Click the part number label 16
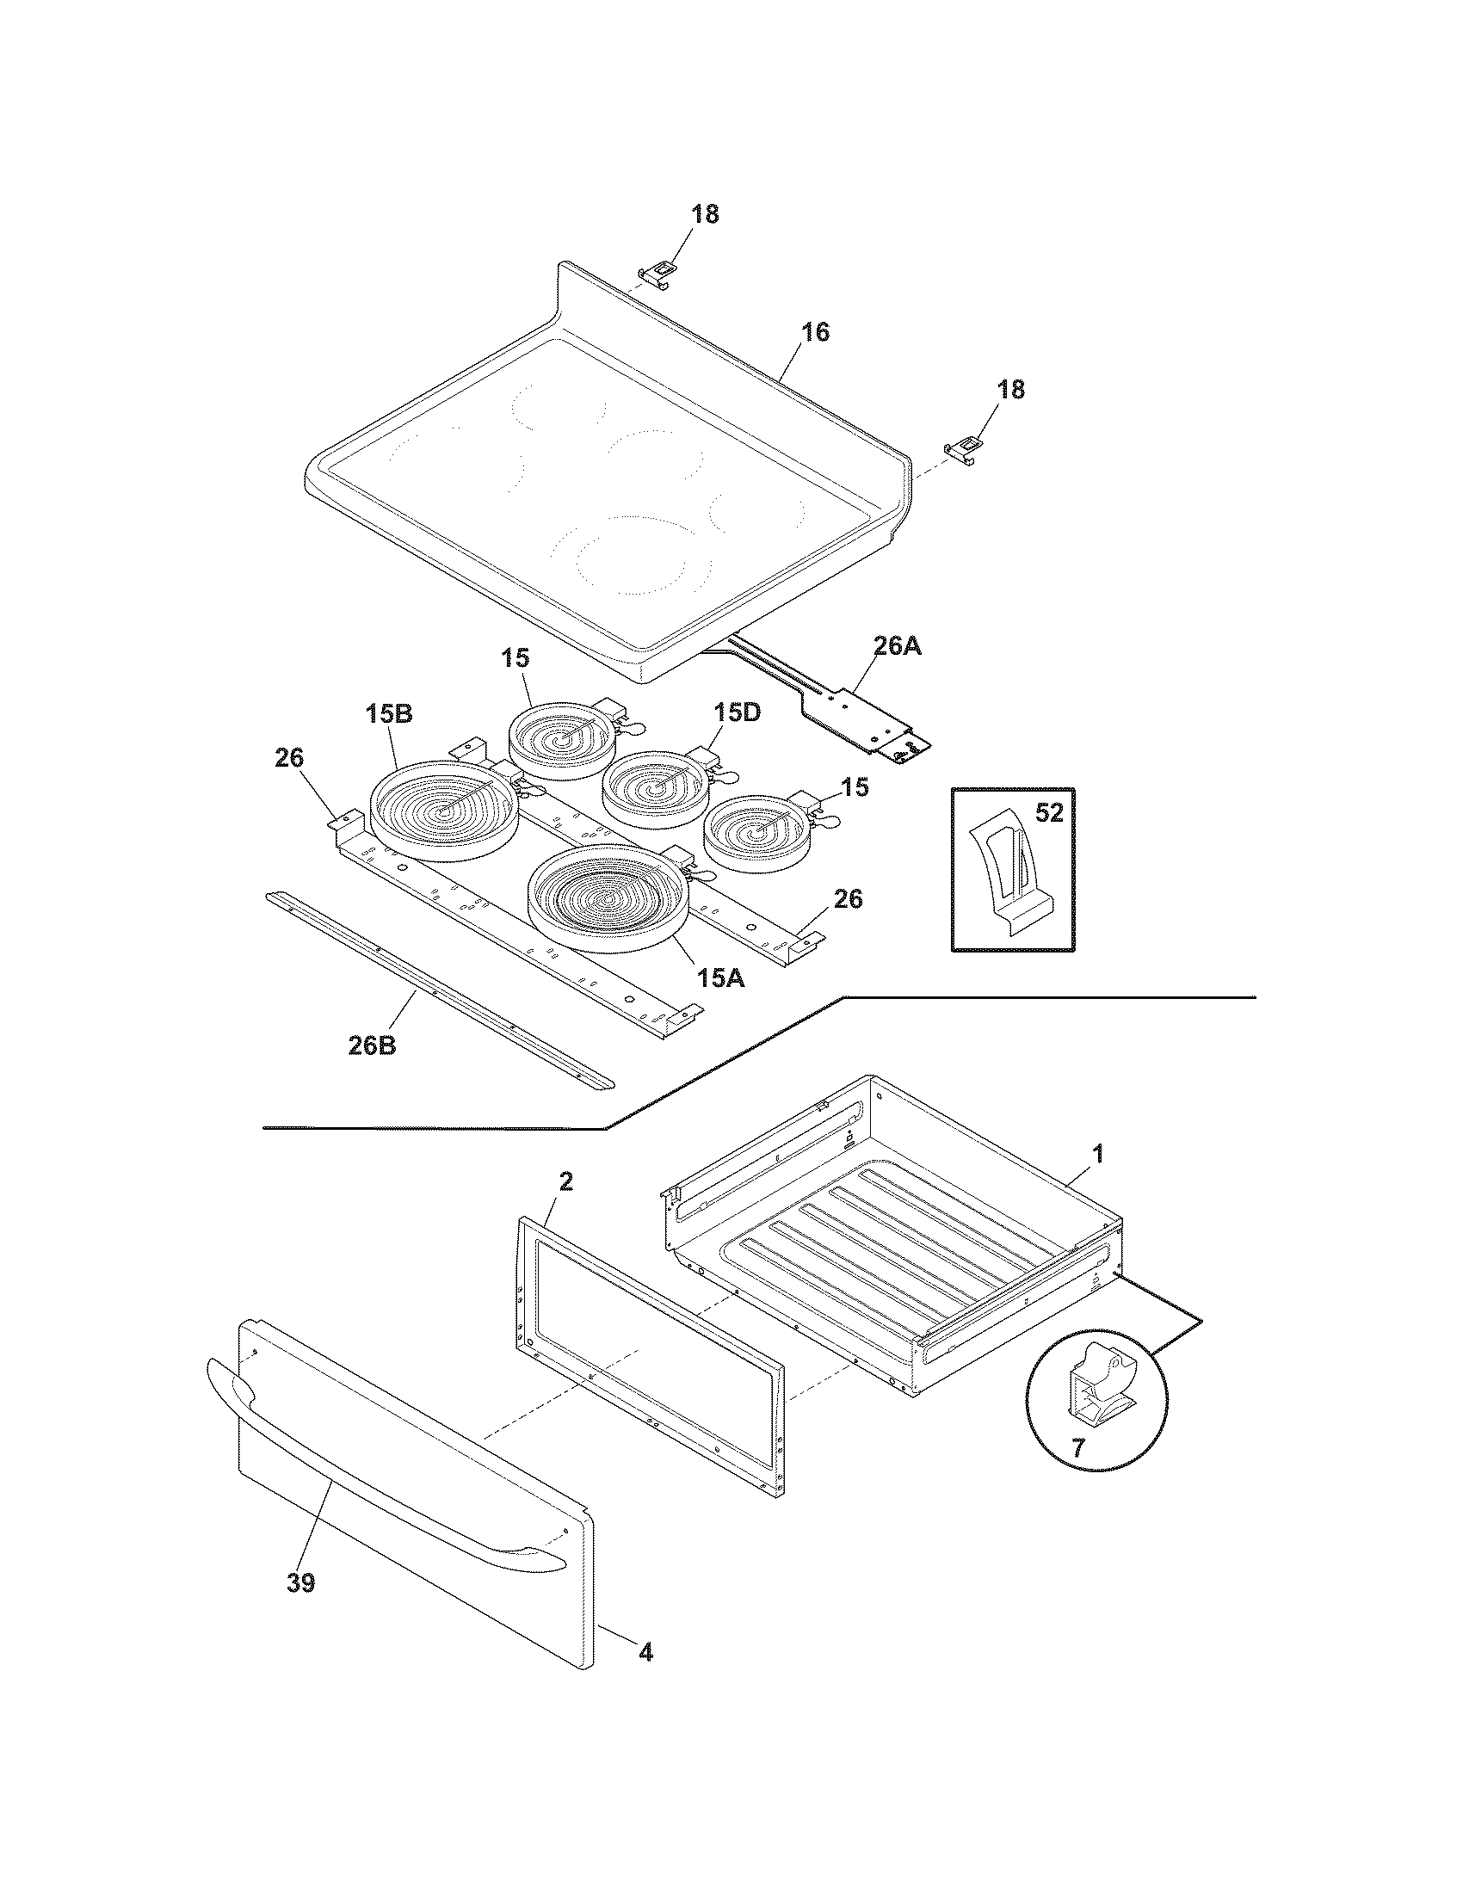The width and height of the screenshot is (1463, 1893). click(815, 332)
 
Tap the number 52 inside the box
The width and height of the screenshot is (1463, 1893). click(1049, 813)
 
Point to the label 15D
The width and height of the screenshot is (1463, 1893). click(738, 712)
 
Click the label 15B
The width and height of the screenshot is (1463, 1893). click(388, 714)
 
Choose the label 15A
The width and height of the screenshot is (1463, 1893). click(720, 977)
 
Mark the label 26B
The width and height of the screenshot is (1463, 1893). click(373, 1045)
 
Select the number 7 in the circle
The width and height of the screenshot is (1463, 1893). click(1078, 1446)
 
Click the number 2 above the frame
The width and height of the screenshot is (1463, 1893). click(565, 1181)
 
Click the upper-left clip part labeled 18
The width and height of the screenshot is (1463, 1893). click(657, 272)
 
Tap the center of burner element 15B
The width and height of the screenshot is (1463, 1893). click(445, 811)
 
